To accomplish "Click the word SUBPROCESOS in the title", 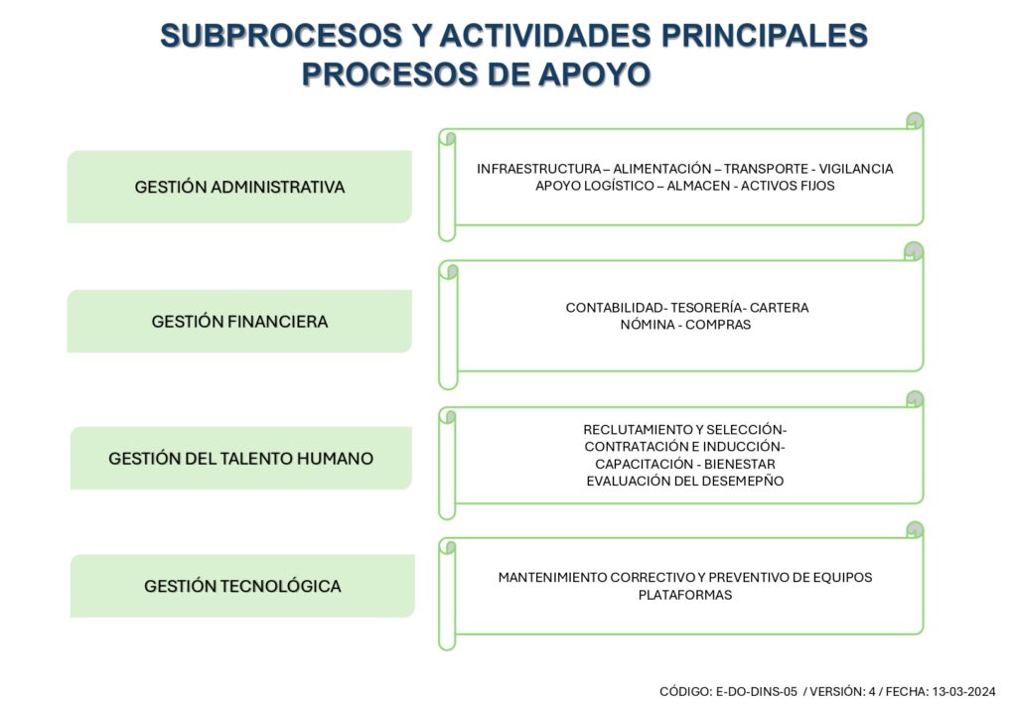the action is [x=281, y=36].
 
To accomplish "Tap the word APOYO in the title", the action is [x=594, y=73].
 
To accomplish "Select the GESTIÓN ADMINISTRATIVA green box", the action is [x=239, y=187].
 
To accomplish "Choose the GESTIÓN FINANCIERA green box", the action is [x=239, y=321].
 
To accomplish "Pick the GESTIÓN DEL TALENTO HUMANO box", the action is [x=240, y=459].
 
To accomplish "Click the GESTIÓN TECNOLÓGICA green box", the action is [x=242, y=586].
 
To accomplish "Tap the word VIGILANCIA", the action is [x=855, y=169].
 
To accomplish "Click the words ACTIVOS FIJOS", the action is [x=788, y=186].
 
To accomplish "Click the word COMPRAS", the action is [x=718, y=325].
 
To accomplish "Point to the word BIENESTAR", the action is [x=739, y=464].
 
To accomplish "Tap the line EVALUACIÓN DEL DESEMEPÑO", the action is [x=685, y=481].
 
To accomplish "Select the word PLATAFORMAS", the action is [x=685, y=595].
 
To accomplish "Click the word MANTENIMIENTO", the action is [x=552, y=578].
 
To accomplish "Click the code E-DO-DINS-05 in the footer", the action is [x=756, y=692].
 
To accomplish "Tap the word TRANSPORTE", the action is [x=766, y=169].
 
